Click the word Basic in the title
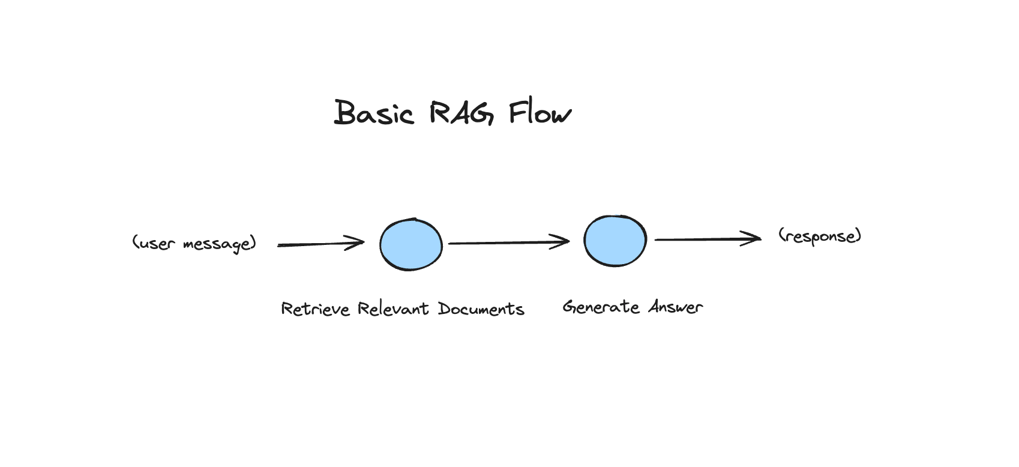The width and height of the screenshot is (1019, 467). coord(373,113)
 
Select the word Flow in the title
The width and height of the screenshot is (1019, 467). coord(540,113)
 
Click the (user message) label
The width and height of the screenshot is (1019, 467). coord(194,243)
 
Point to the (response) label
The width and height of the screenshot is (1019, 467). coord(820,236)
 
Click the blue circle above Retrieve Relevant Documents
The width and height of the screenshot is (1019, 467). coord(411,245)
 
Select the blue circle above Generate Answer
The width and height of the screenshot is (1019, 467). coord(615,241)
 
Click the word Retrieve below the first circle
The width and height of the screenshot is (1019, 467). coord(315,309)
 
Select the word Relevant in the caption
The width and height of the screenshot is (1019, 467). coord(393,309)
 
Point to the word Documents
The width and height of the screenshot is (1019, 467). coord(481,309)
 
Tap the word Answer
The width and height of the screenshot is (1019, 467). coord(675,307)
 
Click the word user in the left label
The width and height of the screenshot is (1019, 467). coord(157,244)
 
